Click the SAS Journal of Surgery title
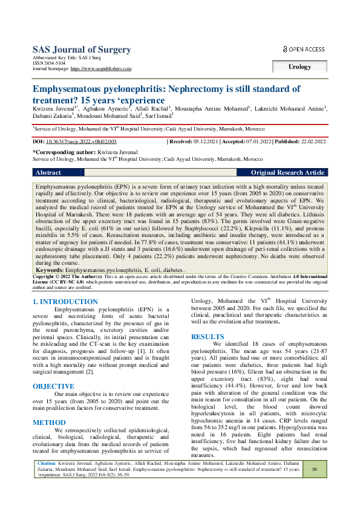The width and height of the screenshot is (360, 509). [81, 50]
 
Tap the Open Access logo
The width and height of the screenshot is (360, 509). [304, 49]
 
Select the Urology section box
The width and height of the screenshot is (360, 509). [299, 67]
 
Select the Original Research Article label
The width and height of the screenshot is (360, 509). [287, 172]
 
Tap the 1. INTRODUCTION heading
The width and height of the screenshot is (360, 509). [66, 301]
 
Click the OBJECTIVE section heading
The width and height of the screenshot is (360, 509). [53, 386]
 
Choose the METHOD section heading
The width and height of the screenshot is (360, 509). [49, 423]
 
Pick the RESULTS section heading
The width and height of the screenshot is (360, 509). [208, 336]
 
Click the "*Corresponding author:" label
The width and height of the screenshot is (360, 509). [70, 152]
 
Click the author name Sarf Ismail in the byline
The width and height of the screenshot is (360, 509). [157, 116]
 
